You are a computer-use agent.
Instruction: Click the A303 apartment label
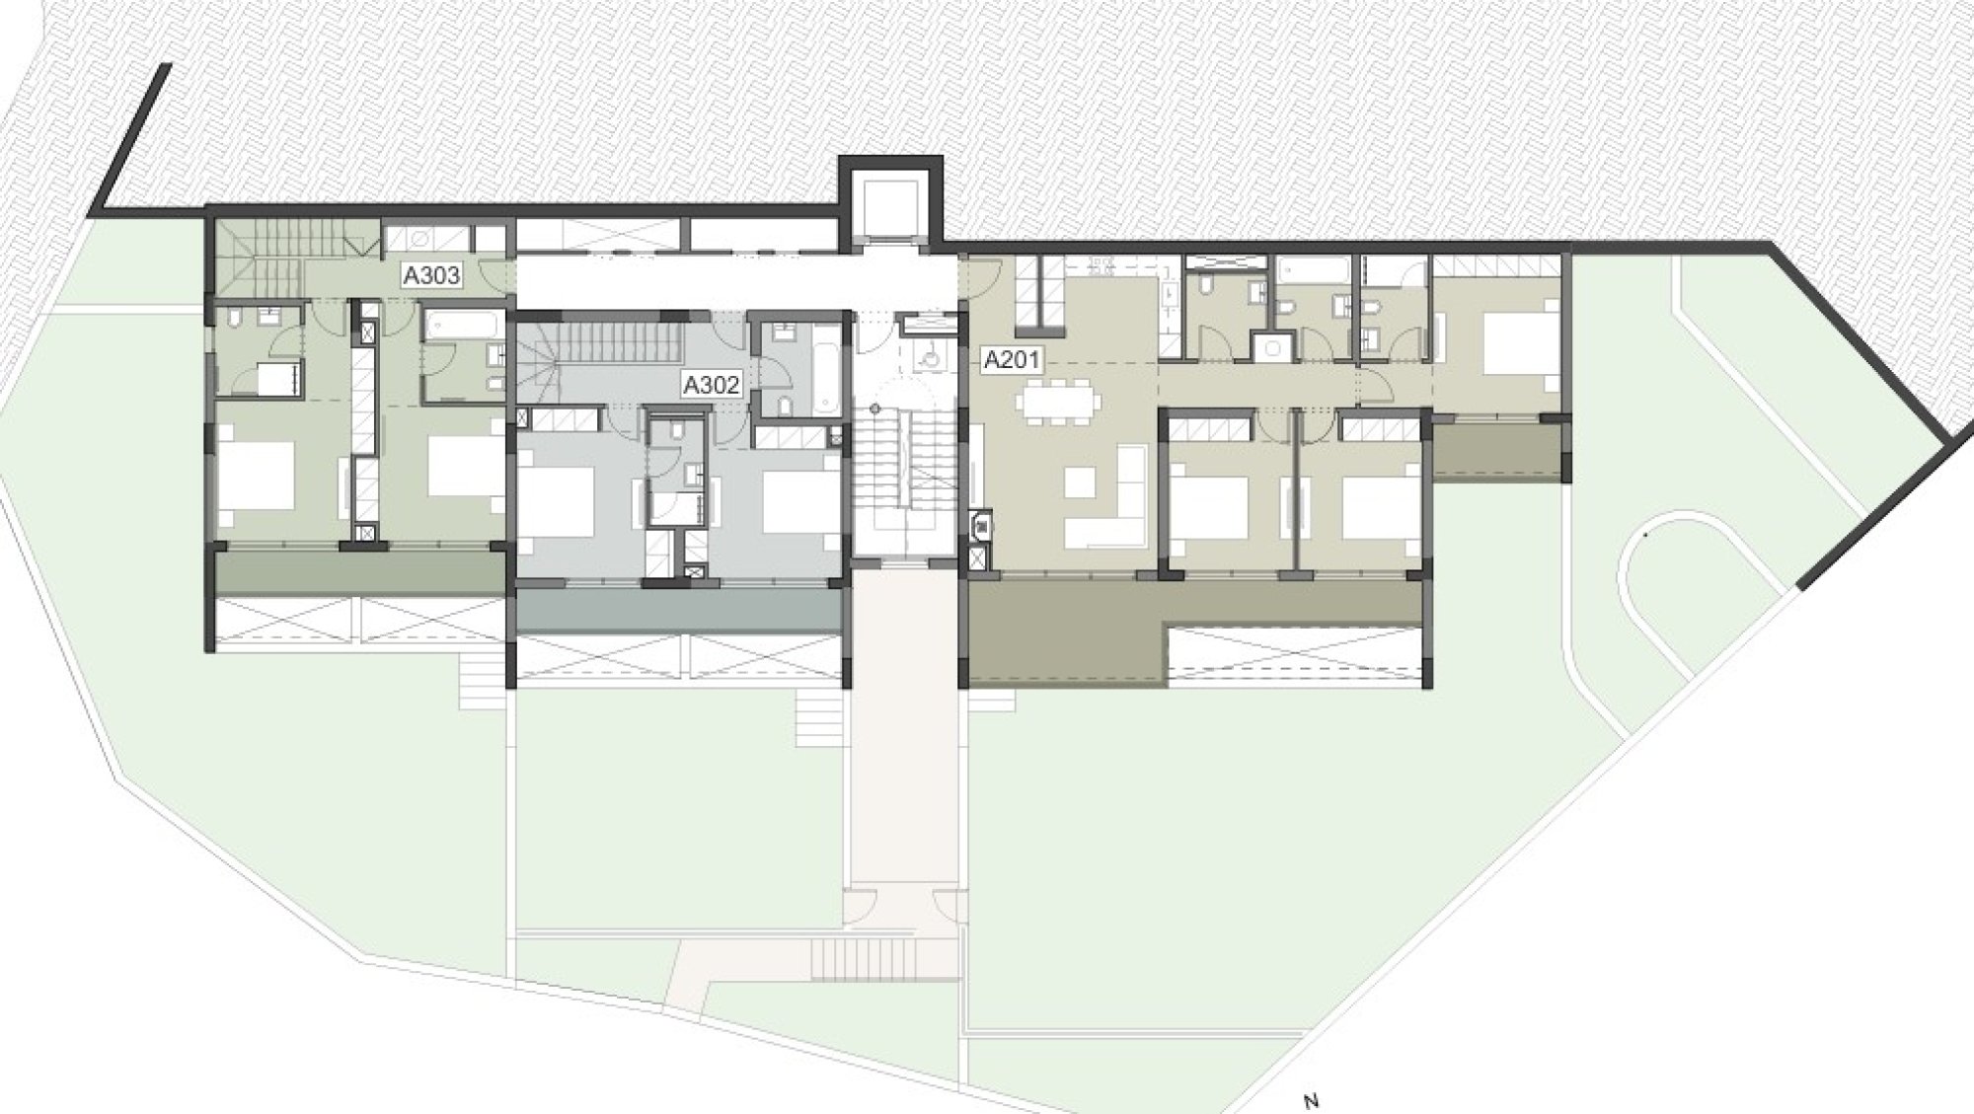click(x=431, y=275)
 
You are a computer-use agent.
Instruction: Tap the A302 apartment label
click(x=712, y=384)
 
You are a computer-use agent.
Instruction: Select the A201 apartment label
click(x=1013, y=359)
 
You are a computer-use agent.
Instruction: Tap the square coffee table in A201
click(x=1082, y=482)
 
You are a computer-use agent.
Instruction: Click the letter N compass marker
click(x=1311, y=1101)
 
